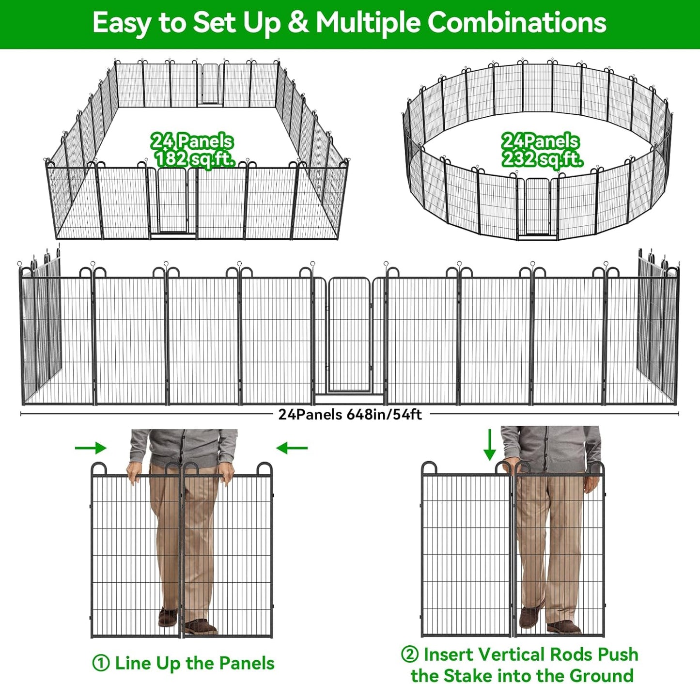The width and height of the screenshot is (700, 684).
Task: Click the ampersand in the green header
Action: coord(298,23)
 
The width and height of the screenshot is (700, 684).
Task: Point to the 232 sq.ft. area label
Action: coord(542,159)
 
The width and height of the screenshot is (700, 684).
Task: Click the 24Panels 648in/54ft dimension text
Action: coord(350,415)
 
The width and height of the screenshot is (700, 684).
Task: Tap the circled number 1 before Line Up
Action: coord(101,663)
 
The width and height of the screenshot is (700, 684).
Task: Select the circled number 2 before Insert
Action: coord(409,654)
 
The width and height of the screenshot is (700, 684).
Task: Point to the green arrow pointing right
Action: coord(91,448)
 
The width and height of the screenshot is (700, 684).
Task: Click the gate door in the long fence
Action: coord(349,335)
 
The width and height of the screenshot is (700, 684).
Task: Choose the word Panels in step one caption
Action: coord(246,663)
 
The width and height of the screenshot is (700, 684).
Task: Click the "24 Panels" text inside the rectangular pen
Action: coord(192,141)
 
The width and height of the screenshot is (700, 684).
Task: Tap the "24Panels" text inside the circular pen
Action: coord(540,141)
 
